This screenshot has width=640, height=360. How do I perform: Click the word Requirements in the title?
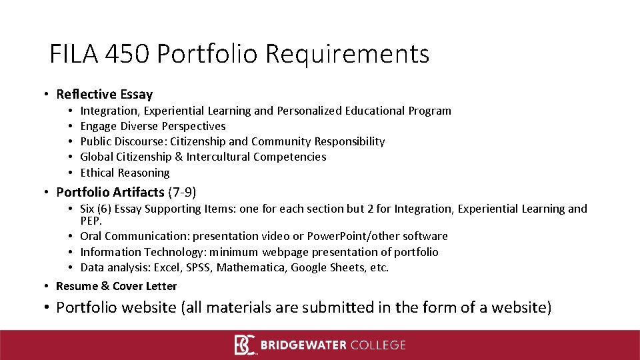coord(347,54)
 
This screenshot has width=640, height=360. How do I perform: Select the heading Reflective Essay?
coord(105,95)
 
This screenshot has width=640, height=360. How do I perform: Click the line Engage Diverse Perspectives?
coord(153,126)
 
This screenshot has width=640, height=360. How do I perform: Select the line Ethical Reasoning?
coord(125,173)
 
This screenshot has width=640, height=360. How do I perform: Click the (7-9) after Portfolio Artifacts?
coord(182,193)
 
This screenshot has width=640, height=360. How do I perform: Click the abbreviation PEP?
coord(91,220)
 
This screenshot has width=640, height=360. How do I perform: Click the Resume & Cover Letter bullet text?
coord(117,286)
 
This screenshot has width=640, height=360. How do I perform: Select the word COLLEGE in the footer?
coord(379,345)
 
